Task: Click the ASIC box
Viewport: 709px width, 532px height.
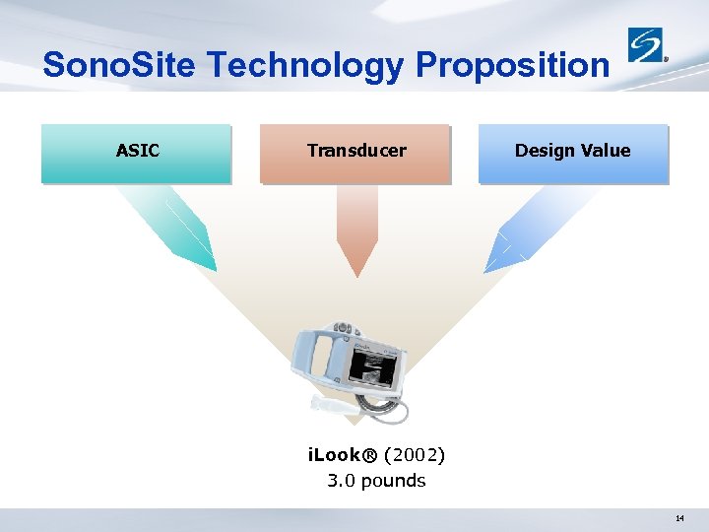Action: pos(137,153)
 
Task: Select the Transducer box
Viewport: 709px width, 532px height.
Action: pos(355,153)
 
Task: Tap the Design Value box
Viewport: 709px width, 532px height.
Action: pos(572,153)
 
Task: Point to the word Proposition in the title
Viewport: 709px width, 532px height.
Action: pos(512,65)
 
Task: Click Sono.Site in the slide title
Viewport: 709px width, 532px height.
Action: pos(121,65)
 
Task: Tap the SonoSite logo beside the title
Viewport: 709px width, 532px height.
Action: pos(647,45)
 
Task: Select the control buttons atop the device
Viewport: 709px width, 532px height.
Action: pos(343,326)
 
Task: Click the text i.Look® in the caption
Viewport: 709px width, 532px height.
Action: pos(344,455)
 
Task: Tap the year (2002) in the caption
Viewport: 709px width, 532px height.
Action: pos(415,455)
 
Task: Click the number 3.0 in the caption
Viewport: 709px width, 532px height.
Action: pos(342,481)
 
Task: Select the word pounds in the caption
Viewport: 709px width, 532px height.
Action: pos(393,481)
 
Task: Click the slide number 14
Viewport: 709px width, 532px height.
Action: pos(679,518)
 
